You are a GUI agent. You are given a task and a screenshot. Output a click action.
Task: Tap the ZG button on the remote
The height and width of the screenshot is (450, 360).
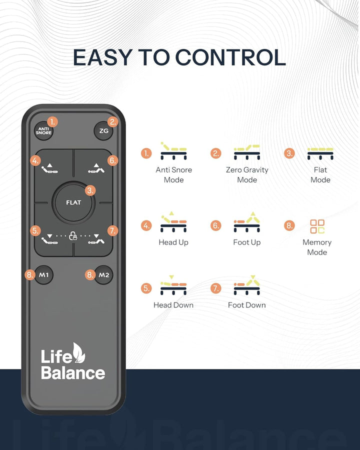click(x=103, y=131)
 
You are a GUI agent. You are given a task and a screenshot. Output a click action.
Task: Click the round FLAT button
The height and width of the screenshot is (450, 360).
click(x=73, y=202)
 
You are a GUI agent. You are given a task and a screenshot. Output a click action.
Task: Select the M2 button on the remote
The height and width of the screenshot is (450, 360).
click(x=103, y=275)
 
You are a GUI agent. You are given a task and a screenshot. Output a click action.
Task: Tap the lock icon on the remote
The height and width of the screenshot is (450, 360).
click(x=73, y=236)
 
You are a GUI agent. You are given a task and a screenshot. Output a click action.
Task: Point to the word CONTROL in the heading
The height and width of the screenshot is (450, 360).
click(x=230, y=57)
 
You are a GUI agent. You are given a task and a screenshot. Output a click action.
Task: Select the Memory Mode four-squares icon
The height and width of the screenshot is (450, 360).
click(x=317, y=226)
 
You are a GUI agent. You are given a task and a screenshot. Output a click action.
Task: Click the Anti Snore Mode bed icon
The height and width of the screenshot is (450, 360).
click(x=173, y=150)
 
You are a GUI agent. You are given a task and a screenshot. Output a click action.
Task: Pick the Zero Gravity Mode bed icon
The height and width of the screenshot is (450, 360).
click(x=247, y=152)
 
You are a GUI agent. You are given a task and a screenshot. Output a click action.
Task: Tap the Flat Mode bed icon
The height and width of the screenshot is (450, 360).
click(x=320, y=153)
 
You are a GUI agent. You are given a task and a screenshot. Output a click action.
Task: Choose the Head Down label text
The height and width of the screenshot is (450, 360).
click(x=173, y=305)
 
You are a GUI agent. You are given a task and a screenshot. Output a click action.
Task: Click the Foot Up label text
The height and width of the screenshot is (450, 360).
click(x=247, y=242)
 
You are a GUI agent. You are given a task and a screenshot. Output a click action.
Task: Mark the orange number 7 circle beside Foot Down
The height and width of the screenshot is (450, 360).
click(x=216, y=288)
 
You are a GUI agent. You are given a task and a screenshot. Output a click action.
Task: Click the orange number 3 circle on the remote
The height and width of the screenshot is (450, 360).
click(x=90, y=190)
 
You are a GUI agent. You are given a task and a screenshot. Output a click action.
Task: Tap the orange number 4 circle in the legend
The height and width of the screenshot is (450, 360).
click(x=146, y=225)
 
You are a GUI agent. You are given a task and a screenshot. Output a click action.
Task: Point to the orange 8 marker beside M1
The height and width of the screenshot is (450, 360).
click(x=29, y=275)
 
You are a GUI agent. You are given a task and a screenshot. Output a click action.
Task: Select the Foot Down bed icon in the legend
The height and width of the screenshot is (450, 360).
click(x=247, y=285)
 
